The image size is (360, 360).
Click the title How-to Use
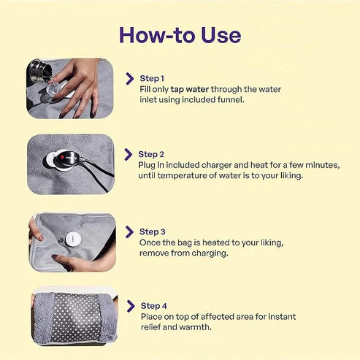tap(180, 34)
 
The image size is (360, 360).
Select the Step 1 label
tap(152, 77)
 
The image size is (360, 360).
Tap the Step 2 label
tap(152, 154)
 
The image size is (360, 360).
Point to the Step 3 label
tap(153, 231)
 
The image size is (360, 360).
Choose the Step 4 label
tap(155, 305)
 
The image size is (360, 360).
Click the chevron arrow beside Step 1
tap(130, 78)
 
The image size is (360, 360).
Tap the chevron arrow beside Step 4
tap(131, 306)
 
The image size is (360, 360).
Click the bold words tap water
tap(190, 89)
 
